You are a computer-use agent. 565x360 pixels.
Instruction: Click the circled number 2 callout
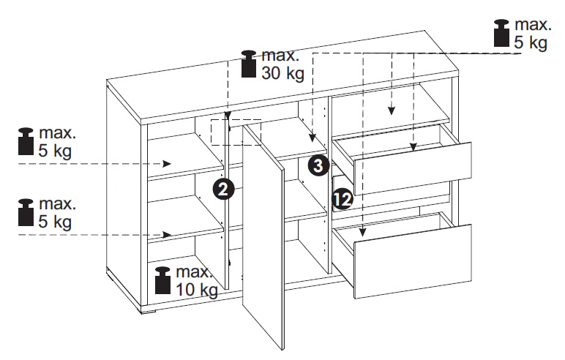point(223,190)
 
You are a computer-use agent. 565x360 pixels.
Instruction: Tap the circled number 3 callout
point(318,166)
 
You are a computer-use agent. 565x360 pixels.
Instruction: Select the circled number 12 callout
point(343,199)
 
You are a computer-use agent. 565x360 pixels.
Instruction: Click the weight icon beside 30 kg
point(249,64)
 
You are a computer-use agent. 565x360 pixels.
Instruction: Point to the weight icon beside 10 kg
point(162,280)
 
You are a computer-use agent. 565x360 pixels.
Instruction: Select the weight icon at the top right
point(501,33)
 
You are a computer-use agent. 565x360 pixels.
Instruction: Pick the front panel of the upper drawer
point(413,168)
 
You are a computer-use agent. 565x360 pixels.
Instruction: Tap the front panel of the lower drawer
point(413,261)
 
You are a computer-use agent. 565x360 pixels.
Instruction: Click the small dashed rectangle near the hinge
point(236,132)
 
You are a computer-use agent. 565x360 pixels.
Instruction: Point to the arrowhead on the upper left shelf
point(167,164)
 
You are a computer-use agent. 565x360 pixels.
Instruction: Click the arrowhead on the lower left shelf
point(167,235)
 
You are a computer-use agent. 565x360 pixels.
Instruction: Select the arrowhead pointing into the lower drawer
point(363,233)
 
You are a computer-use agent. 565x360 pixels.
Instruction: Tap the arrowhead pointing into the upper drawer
point(414,146)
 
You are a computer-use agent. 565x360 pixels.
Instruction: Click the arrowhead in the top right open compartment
point(392,110)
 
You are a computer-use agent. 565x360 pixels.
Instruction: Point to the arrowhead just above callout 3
point(313,138)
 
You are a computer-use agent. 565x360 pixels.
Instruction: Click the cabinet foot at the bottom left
point(148,312)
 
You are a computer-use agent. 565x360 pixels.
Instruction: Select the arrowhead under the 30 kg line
point(228,116)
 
